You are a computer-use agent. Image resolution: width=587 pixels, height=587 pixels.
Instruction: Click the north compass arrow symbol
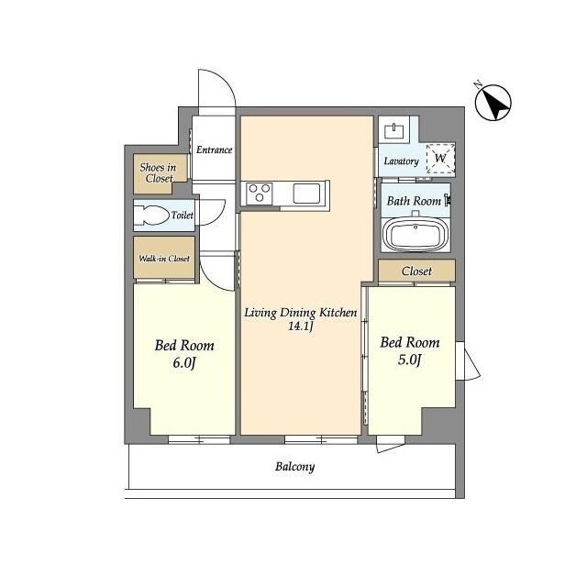click(493, 102)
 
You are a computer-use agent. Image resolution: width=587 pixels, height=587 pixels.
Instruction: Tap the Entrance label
click(214, 150)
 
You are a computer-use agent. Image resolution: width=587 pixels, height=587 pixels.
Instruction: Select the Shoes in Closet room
click(161, 173)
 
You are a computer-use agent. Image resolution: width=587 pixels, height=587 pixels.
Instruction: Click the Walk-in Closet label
click(164, 259)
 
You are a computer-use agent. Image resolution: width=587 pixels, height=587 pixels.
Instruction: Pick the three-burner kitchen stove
click(259, 194)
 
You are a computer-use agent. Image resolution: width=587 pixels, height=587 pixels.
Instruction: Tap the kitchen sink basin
click(306, 194)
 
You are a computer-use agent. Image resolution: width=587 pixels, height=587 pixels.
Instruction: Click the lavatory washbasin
click(393, 130)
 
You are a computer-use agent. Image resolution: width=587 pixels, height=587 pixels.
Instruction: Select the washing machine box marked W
click(440, 158)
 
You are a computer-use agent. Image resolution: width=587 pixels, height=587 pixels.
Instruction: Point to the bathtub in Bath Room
click(415, 233)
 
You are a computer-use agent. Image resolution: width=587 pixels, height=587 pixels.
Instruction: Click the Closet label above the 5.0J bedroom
click(416, 271)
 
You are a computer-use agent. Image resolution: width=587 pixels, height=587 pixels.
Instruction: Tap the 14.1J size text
click(300, 327)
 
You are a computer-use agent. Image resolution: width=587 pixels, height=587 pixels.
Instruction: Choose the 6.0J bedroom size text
click(184, 363)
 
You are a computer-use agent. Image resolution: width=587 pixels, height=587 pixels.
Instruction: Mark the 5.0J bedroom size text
click(410, 360)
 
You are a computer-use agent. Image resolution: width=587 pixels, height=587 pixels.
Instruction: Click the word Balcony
click(295, 467)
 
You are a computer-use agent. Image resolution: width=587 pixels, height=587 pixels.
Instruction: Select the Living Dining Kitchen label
click(301, 313)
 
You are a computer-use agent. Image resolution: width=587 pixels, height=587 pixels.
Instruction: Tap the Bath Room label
click(414, 201)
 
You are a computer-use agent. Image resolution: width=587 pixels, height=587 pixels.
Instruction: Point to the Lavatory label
click(402, 161)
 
